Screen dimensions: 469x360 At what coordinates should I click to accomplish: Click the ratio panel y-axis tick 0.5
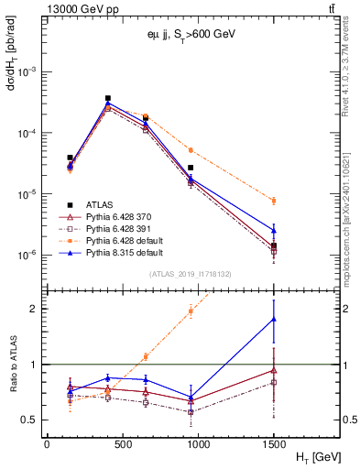pos(33,420)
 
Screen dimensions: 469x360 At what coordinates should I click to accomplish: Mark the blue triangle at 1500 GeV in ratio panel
pos(274,319)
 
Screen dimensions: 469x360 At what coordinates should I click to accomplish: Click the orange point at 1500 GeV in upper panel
pos(274,201)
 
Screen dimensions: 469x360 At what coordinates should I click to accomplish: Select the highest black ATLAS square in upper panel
pos(108,98)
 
